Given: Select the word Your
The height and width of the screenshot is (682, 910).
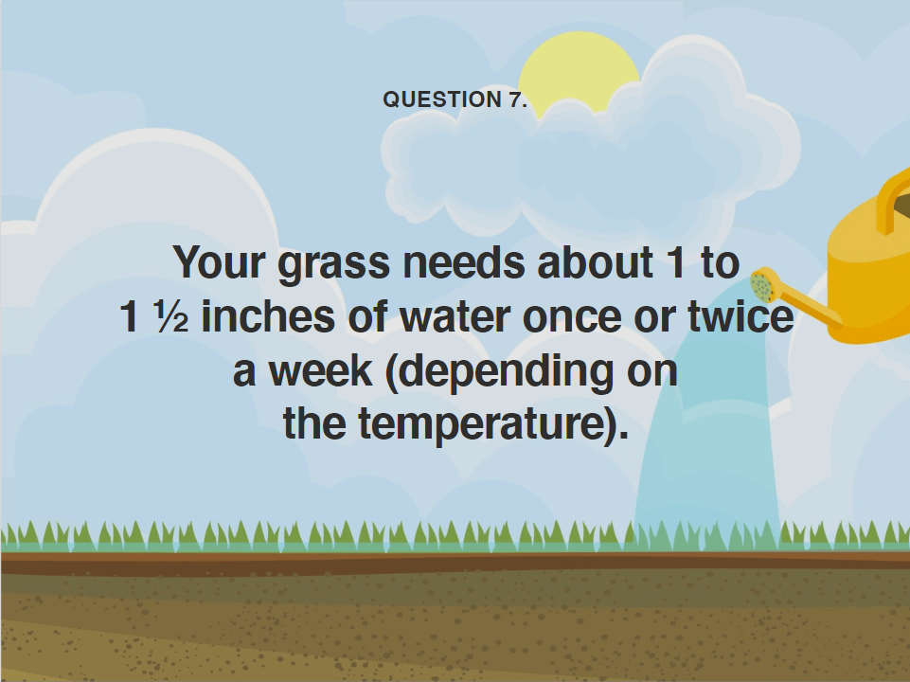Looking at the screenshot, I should coord(220,262).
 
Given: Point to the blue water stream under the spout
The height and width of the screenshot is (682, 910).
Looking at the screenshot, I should coord(705,455).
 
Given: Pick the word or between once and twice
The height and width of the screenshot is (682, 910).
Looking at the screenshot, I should coord(659,317).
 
